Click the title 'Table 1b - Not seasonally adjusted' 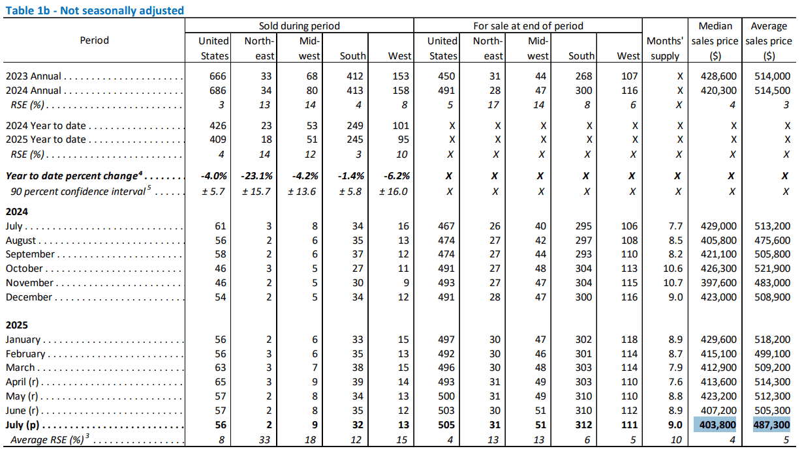pyautogui.click(x=95, y=10)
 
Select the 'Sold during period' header pyautogui.click(x=299, y=25)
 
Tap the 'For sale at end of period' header pyautogui.click(x=528, y=25)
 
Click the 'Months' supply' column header pyautogui.click(x=665, y=48)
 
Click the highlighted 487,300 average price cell pyautogui.click(x=771, y=425)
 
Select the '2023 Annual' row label pyautogui.click(x=33, y=76)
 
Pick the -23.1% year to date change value pyautogui.click(x=256, y=176)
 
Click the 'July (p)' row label pyautogui.click(x=22, y=425)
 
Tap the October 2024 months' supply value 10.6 pyautogui.click(x=673, y=269)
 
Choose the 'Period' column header pyautogui.click(x=94, y=40)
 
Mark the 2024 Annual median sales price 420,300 pyautogui.click(x=718, y=91)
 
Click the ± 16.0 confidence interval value pyautogui.click(x=393, y=192)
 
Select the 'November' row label pyautogui.click(x=29, y=283)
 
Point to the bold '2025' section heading pyautogui.click(x=16, y=325)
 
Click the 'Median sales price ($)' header pyautogui.click(x=715, y=41)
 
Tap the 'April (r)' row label pyautogui.click(x=22, y=382)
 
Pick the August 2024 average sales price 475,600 pyautogui.click(x=772, y=241)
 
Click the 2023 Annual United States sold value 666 pyautogui.click(x=218, y=76)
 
